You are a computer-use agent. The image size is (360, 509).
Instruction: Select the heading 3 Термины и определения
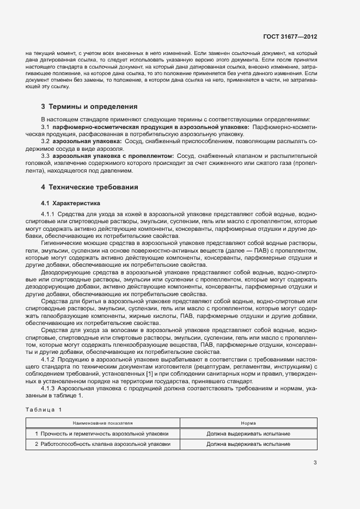pyautogui.click(x=89, y=107)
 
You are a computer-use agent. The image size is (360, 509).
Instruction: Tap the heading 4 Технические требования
pyautogui.click(x=90, y=187)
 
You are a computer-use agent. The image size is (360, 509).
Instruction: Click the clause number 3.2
pyautogui.click(x=45, y=141)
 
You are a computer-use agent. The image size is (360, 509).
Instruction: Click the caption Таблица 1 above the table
pyautogui.click(x=44, y=409)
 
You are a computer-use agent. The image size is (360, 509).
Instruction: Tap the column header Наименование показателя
pyautogui.click(x=103, y=422)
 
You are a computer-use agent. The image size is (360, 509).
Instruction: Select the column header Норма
pyautogui.click(x=248, y=422)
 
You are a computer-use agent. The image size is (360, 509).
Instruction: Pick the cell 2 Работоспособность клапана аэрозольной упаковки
pyautogui.click(x=103, y=444)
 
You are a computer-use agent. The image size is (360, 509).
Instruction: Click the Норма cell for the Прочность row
pyautogui.click(x=248, y=434)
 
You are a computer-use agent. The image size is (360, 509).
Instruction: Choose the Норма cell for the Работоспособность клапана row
pyautogui.click(x=248, y=444)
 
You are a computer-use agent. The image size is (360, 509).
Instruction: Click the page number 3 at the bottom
pyautogui.click(x=315, y=463)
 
